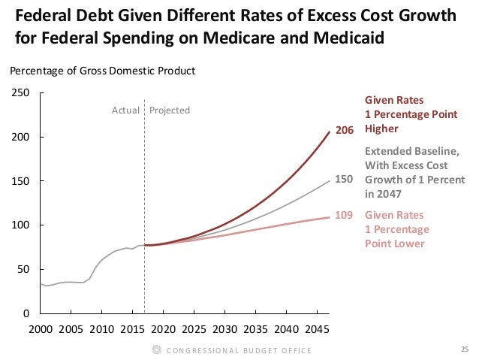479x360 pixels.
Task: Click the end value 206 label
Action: tap(344, 131)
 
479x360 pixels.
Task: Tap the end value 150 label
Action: tap(344, 180)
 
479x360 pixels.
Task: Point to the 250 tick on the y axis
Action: tap(20, 93)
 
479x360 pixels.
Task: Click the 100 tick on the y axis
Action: tap(20, 225)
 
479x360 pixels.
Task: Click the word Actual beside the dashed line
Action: tap(125, 110)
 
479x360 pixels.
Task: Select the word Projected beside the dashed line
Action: tap(170, 110)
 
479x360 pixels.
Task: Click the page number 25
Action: tap(462, 349)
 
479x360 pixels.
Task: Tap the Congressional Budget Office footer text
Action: tap(239, 350)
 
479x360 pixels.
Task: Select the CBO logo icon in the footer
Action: tap(157, 349)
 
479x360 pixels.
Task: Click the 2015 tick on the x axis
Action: tap(132, 329)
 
